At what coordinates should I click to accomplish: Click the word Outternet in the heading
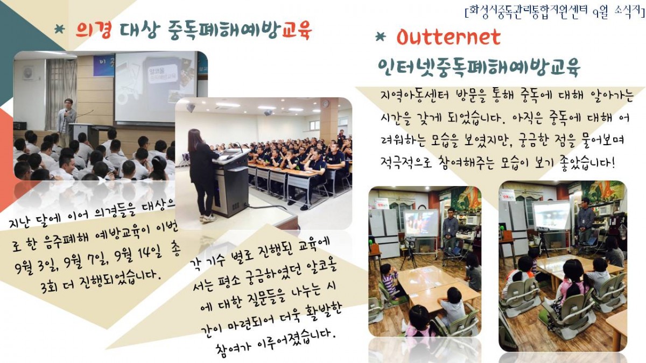pyautogui.click(x=448, y=38)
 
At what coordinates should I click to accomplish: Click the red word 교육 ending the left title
pyautogui.click(x=297, y=30)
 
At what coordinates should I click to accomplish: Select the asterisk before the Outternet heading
pyautogui.click(x=381, y=37)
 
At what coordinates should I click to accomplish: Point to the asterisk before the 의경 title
pyautogui.click(x=60, y=29)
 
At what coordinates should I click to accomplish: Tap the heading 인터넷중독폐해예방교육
pyautogui.click(x=479, y=67)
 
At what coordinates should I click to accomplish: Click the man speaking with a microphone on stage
pyautogui.click(x=66, y=121)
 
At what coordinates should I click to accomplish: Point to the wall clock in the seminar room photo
pyautogui.click(x=326, y=103)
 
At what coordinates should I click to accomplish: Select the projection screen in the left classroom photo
pyautogui.click(x=420, y=223)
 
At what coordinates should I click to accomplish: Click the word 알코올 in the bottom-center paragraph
pyautogui.click(x=322, y=268)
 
